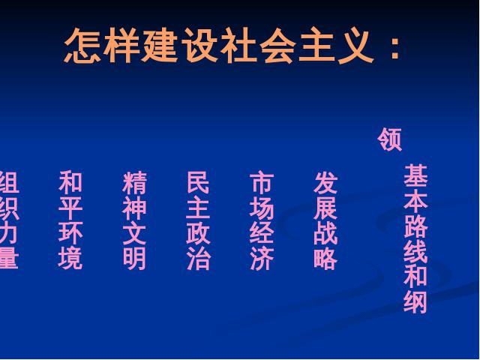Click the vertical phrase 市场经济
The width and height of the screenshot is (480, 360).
coord(262,220)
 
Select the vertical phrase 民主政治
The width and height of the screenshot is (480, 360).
coord(198,220)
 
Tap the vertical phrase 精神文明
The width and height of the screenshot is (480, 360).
coord(134,220)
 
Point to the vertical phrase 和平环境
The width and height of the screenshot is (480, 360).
coord(70,220)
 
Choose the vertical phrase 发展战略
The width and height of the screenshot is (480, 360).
coord(325,220)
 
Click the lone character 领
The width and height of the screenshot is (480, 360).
coord(389,139)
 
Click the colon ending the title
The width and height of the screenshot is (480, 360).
coord(395,48)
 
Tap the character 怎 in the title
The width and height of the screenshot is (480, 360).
coord(82,46)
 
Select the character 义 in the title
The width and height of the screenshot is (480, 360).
coord(356,46)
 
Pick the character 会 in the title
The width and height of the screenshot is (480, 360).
coord(277,46)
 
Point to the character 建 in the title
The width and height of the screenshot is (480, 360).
coord(160,46)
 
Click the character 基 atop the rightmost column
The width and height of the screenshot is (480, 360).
coord(415,175)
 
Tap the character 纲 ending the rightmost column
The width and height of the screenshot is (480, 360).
coord(415,302)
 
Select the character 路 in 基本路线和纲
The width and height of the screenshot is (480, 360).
coord(415,226)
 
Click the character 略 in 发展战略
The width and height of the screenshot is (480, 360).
coord(325,259)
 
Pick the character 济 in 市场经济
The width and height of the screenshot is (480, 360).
coord(262,259)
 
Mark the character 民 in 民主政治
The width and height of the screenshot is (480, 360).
coord(198,182)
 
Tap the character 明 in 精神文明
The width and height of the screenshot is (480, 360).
coord(134,259)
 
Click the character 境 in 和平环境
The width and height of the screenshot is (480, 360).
coord(70,259)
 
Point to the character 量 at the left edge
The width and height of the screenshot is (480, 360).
coord(9,259)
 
